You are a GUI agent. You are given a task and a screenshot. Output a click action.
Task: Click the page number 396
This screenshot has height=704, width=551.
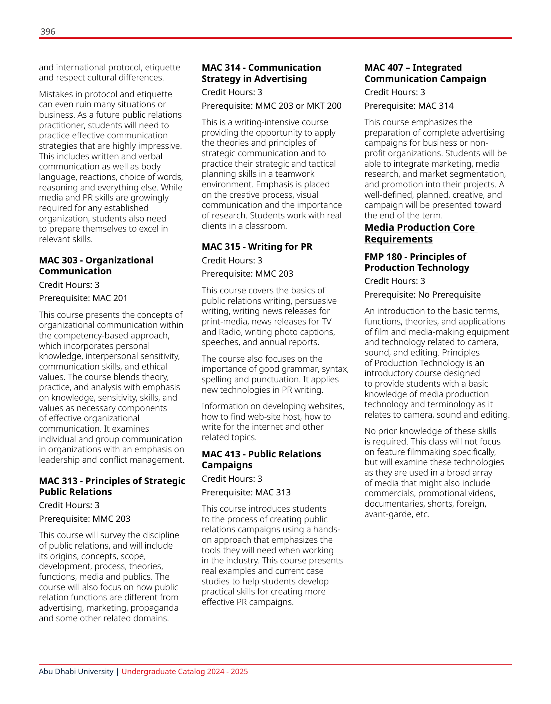[48, 32]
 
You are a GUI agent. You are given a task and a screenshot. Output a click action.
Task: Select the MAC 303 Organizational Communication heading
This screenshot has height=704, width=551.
[96, 266]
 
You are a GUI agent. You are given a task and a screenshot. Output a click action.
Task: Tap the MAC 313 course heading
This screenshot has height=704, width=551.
[112, 486]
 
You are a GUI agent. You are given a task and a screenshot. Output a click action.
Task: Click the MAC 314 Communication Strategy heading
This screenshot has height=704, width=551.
[261, 73]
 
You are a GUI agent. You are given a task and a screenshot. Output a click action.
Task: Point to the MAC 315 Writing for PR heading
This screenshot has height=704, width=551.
[257, 247]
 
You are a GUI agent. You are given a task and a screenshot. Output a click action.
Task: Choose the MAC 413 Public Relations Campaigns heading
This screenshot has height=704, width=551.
[261, 460]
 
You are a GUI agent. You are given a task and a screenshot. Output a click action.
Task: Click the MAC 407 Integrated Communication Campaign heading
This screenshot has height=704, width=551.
[425, 73]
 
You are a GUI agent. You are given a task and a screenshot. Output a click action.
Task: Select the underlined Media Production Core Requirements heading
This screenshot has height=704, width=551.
[420, 233]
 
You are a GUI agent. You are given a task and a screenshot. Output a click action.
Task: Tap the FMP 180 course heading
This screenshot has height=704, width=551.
[417, 262]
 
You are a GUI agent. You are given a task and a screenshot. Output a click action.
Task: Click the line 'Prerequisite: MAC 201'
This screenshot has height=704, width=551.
[83, 298]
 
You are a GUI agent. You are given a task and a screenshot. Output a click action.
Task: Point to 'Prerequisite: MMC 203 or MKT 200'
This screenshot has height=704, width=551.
[271, 106]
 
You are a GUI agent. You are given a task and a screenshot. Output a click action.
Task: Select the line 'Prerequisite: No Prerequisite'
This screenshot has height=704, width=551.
[422, 294]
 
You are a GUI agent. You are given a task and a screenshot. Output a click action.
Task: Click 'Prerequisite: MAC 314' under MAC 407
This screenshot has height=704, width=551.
[409, 106]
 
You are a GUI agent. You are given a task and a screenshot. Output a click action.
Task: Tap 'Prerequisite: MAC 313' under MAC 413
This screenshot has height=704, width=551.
[246, 492]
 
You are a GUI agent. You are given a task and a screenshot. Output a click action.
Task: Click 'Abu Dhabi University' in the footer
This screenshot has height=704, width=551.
[76, 671]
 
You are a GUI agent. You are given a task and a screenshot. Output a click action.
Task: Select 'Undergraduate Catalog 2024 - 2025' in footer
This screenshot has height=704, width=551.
[185, 671]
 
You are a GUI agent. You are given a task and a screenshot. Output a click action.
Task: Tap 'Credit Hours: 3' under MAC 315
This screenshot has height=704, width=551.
[232, 260]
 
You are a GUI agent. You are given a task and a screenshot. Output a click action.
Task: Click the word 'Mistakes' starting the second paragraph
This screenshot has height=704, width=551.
[54, 94]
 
